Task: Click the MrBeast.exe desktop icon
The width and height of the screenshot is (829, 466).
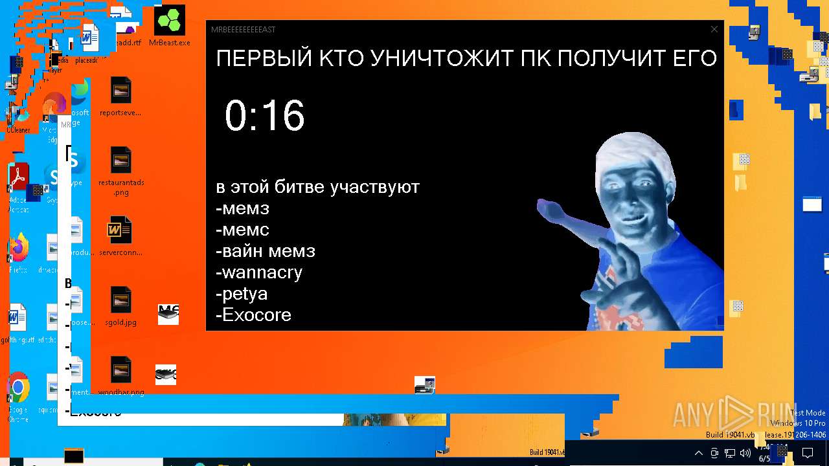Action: pos(170,25)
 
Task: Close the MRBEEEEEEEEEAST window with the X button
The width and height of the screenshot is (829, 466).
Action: pos(714,29)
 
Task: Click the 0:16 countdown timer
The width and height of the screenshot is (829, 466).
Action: pos(264,116)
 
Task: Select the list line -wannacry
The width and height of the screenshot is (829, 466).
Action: pos(259,272)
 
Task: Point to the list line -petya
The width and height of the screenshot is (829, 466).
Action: pos(242,294)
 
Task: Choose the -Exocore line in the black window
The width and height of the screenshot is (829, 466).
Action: pos(253,315)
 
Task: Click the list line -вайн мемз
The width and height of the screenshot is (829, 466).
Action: pos(266,251)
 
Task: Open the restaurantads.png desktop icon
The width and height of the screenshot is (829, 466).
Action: pos(121,162)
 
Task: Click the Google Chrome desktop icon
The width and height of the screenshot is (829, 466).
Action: pos(17,388)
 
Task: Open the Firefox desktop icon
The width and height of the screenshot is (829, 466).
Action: pos(18,249)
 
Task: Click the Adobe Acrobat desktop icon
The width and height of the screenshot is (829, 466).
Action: pos(17,178)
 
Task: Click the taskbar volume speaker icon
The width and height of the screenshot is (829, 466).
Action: pos(745,453)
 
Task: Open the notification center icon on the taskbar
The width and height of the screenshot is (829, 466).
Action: pos(808,453)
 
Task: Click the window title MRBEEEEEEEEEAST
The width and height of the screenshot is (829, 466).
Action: pos(244,30)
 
